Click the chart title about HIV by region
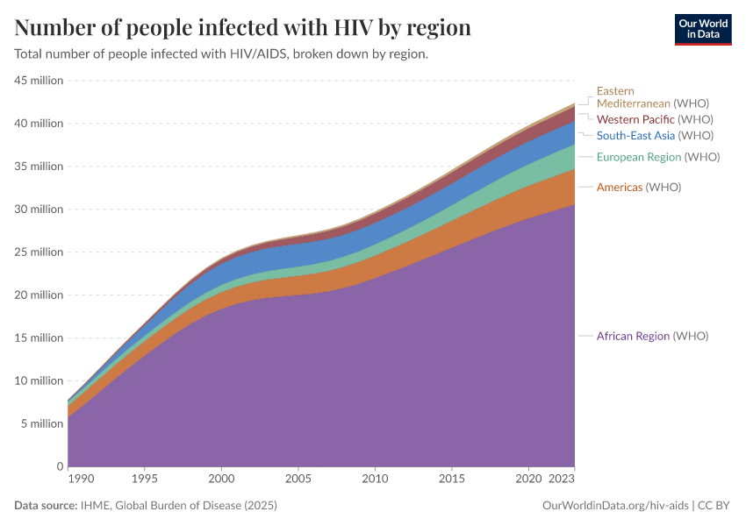click(x=243, y=28)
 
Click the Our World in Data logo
click(x=702, y=29)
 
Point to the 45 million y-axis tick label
click(x=39, y=81)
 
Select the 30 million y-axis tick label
click(x=39, y=210)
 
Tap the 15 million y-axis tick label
click(x=39, y=338)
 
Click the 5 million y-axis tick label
click(x=41, y=424)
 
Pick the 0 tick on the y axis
click(x=59, y=466)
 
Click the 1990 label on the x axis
click(x=79, y=480)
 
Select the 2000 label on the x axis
click(x=221, y=480)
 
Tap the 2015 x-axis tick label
click(x=451, y=480)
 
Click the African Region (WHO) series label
click(x=652, y=336)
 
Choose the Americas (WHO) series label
click(x=638, y=187)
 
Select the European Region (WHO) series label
click(x=657, y=157)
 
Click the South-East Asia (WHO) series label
click(x=655, y=135)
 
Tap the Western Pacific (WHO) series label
click(x=654, y=119)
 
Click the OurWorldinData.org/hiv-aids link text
click(x=616, y=506)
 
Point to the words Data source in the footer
click(x=46, y=506)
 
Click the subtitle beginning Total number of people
click(x=221, y=54)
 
